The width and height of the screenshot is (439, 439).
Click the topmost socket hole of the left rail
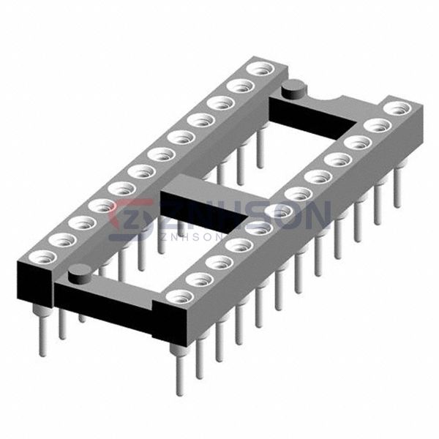261,68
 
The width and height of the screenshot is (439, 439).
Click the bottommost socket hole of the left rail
42,258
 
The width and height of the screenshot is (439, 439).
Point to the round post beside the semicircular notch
294,89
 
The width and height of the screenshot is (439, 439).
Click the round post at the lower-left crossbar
80,274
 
